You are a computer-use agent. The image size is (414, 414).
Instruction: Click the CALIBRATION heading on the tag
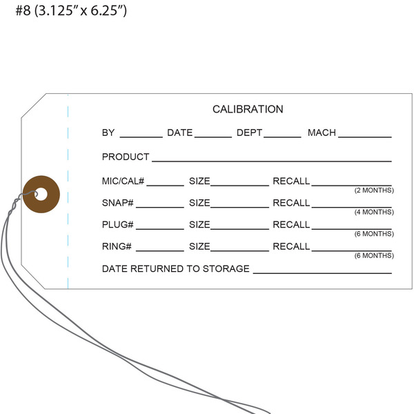248,109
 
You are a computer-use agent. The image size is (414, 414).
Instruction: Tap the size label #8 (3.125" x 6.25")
71,12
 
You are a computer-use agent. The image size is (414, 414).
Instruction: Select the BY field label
108,132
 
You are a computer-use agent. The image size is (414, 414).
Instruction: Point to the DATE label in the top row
179,132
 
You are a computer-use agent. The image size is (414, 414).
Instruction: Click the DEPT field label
249,132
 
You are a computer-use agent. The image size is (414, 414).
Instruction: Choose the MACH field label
322,132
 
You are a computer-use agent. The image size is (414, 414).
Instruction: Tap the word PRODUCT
126,157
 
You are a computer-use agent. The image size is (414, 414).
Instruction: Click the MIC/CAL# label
123,181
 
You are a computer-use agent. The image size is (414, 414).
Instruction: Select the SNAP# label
118,203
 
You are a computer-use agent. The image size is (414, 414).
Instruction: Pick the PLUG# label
118,224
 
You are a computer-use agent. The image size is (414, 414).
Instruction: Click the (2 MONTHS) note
374,190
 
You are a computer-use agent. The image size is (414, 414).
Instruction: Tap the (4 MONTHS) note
374,212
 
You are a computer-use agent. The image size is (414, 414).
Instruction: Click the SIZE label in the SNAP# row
199,203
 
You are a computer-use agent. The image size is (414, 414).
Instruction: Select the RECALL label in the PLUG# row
291,224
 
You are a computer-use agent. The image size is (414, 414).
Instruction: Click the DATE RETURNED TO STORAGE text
176,268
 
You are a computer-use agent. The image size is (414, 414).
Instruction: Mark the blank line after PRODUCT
272,161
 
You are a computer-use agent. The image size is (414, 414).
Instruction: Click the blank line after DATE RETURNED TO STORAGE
322,273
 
